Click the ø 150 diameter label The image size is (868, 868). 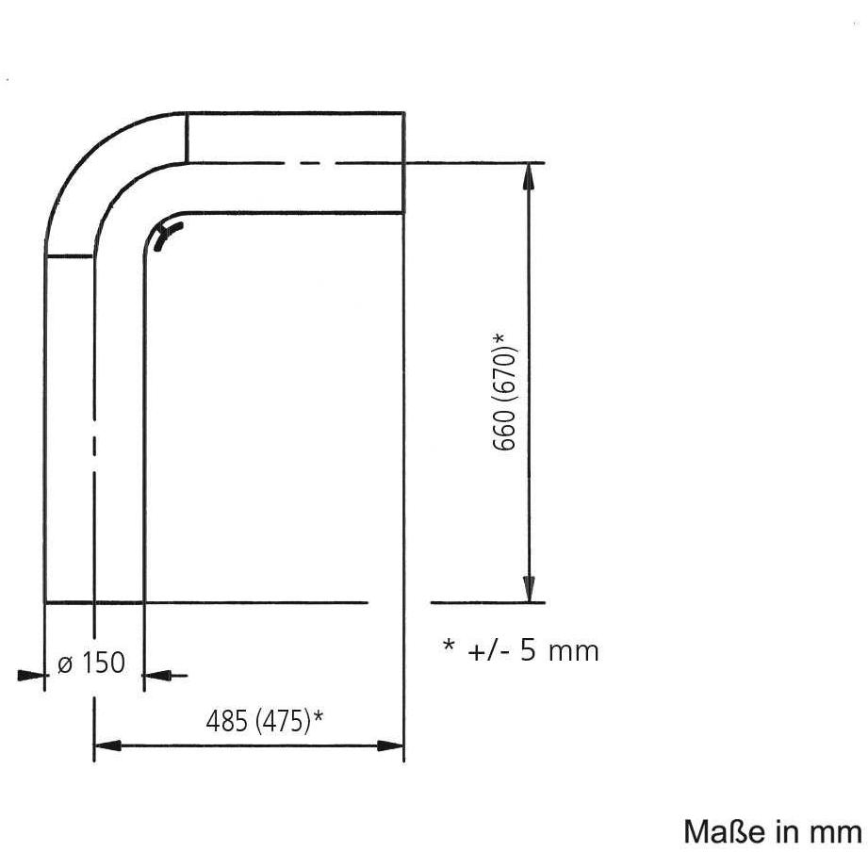point(91,663)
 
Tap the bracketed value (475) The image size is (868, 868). point(284,722)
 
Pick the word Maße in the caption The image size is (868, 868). point(717,831)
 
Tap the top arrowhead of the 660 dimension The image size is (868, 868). point(530,178)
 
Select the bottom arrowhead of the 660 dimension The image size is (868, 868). point(530,588)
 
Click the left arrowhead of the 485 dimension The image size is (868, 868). point(108,745)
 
